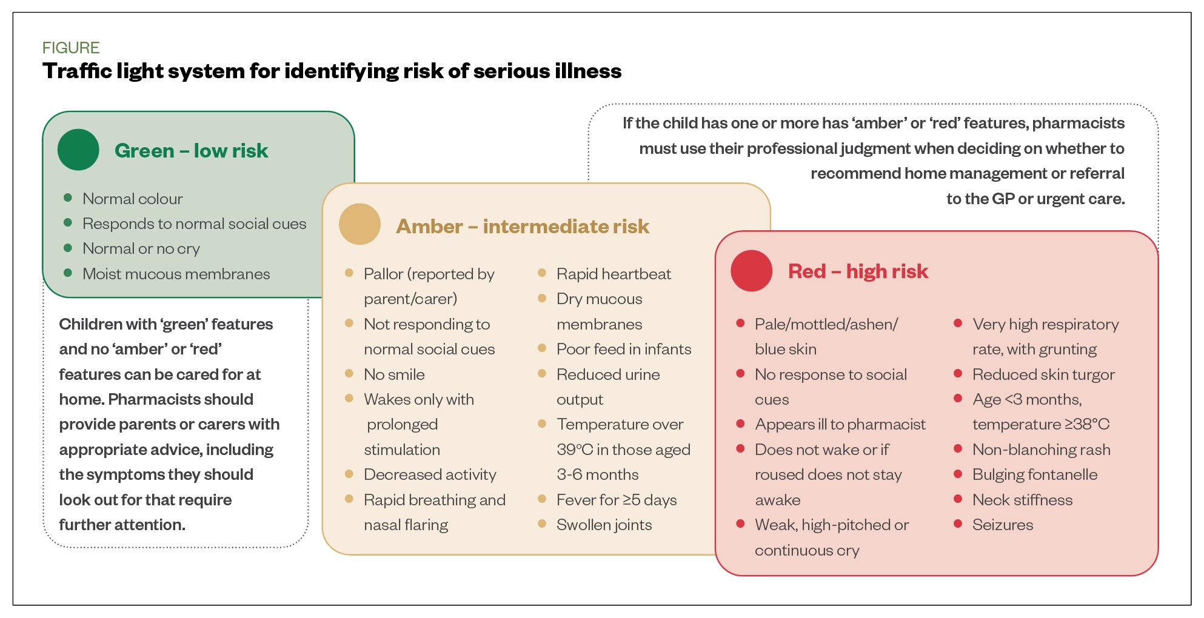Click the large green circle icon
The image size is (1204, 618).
tap(78, 150)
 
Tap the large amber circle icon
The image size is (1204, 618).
tap(360, 224)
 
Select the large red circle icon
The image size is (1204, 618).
tap(752, 271)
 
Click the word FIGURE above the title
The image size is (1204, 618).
tap(71, 48)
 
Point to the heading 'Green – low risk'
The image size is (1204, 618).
tap(191, 151)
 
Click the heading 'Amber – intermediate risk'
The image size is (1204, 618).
tap(523, 227)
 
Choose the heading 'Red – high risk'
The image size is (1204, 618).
tap(858, 271)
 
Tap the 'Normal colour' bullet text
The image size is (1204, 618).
tap(132, 199)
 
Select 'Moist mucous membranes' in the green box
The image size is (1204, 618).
tap(176, 274)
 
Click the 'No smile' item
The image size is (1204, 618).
tap(394, 374)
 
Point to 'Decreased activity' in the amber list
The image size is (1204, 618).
tap(430, 474)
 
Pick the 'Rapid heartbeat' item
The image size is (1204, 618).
tap(614, 274)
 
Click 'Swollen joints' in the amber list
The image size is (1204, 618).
tap(604, 525)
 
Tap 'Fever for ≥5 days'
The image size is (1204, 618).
tap(617, 500)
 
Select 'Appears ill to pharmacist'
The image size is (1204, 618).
tap(840, 424)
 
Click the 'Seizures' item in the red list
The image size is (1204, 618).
tap(1003, 525)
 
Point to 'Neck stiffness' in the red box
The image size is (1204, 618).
tap(1022, 500)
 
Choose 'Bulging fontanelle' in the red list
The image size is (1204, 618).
tap(1035, 474)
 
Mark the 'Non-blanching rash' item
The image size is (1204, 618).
tap(1042, 450)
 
